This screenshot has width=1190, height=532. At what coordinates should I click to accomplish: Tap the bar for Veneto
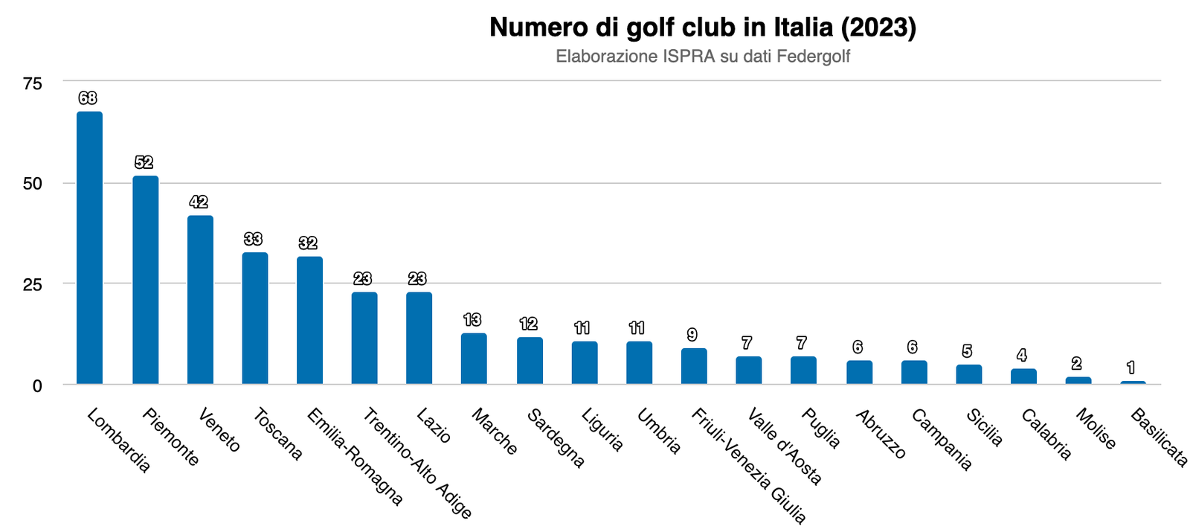pos(200,300)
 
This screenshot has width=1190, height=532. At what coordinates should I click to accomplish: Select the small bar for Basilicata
pos(1133,382)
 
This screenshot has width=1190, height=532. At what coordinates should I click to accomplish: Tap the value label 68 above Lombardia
pos(88,98)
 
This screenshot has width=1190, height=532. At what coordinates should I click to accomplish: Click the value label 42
pos(199,202)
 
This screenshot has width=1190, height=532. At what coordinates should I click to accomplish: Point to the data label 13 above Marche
pos(472,320)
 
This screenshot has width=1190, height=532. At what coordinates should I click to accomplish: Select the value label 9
pos(692,335)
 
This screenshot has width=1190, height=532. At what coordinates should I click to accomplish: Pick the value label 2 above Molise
pos(1076,364)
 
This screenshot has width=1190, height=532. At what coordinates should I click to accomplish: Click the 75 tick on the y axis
pos(33,83)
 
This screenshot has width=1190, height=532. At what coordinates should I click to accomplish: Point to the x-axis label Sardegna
pos(556,438)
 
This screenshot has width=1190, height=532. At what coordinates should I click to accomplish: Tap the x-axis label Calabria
pos(1046,435)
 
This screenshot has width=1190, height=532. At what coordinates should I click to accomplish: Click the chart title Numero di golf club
pos(702,28)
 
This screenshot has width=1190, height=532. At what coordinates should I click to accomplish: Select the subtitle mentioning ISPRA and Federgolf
pos(702,57)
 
